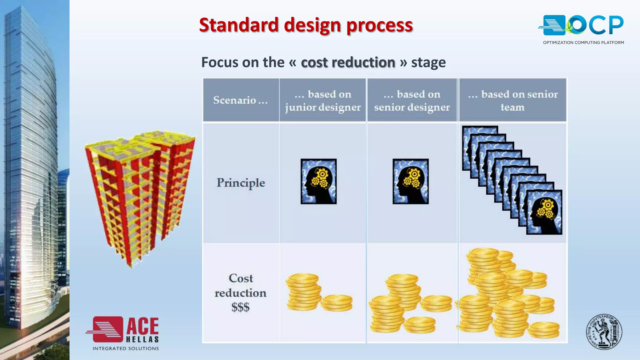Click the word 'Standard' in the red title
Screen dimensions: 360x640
click(x=239, y=25)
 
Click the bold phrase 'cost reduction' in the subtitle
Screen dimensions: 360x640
click(x=348, y=62)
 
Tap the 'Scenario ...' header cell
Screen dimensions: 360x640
click(x=240, y=100)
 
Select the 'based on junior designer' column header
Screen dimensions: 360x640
click(x=322, y=100)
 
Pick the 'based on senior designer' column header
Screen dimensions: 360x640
click(x=412, y=100)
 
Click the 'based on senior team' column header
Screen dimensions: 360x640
click(x=512, y=100)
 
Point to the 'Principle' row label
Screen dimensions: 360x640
click(x=241, y=183)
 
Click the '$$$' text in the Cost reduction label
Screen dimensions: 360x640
click(x=240, y=307)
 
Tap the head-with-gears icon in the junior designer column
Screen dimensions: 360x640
click(x=318, y=182)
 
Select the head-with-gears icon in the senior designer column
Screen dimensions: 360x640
click(x=411, y=182)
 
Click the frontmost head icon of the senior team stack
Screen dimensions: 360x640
click(x=544, y=212)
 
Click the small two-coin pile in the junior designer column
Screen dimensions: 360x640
click(x=337, y=302)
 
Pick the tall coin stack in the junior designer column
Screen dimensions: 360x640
click(x=303, y=292)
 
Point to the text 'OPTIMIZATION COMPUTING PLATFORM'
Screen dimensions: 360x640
click(x=583, y=42)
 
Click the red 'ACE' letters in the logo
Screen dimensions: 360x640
click(x=142, y=326)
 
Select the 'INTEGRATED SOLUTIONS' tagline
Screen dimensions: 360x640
click(x=126, y=348)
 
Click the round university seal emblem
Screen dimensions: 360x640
click(x=604, y=332)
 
